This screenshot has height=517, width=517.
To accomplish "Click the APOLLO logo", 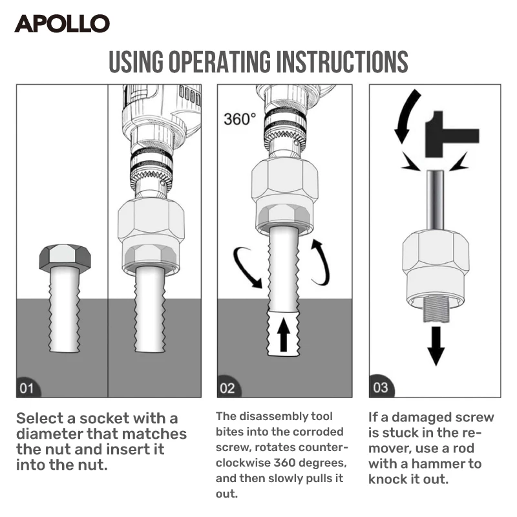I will [62, 24].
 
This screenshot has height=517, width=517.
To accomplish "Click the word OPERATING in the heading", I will [220, 62].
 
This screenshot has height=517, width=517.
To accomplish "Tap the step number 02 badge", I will [227, 388].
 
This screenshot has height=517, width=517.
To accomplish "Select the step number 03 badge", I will [380, 388].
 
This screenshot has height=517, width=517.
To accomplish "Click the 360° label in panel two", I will [240, 120].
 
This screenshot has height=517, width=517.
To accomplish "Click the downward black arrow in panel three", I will [437, 345].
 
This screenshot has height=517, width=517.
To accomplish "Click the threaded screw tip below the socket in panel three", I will [437, 309].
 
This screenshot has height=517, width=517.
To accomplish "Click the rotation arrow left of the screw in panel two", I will [246, 266].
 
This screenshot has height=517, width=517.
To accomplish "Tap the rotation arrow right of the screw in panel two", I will [321, 262].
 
